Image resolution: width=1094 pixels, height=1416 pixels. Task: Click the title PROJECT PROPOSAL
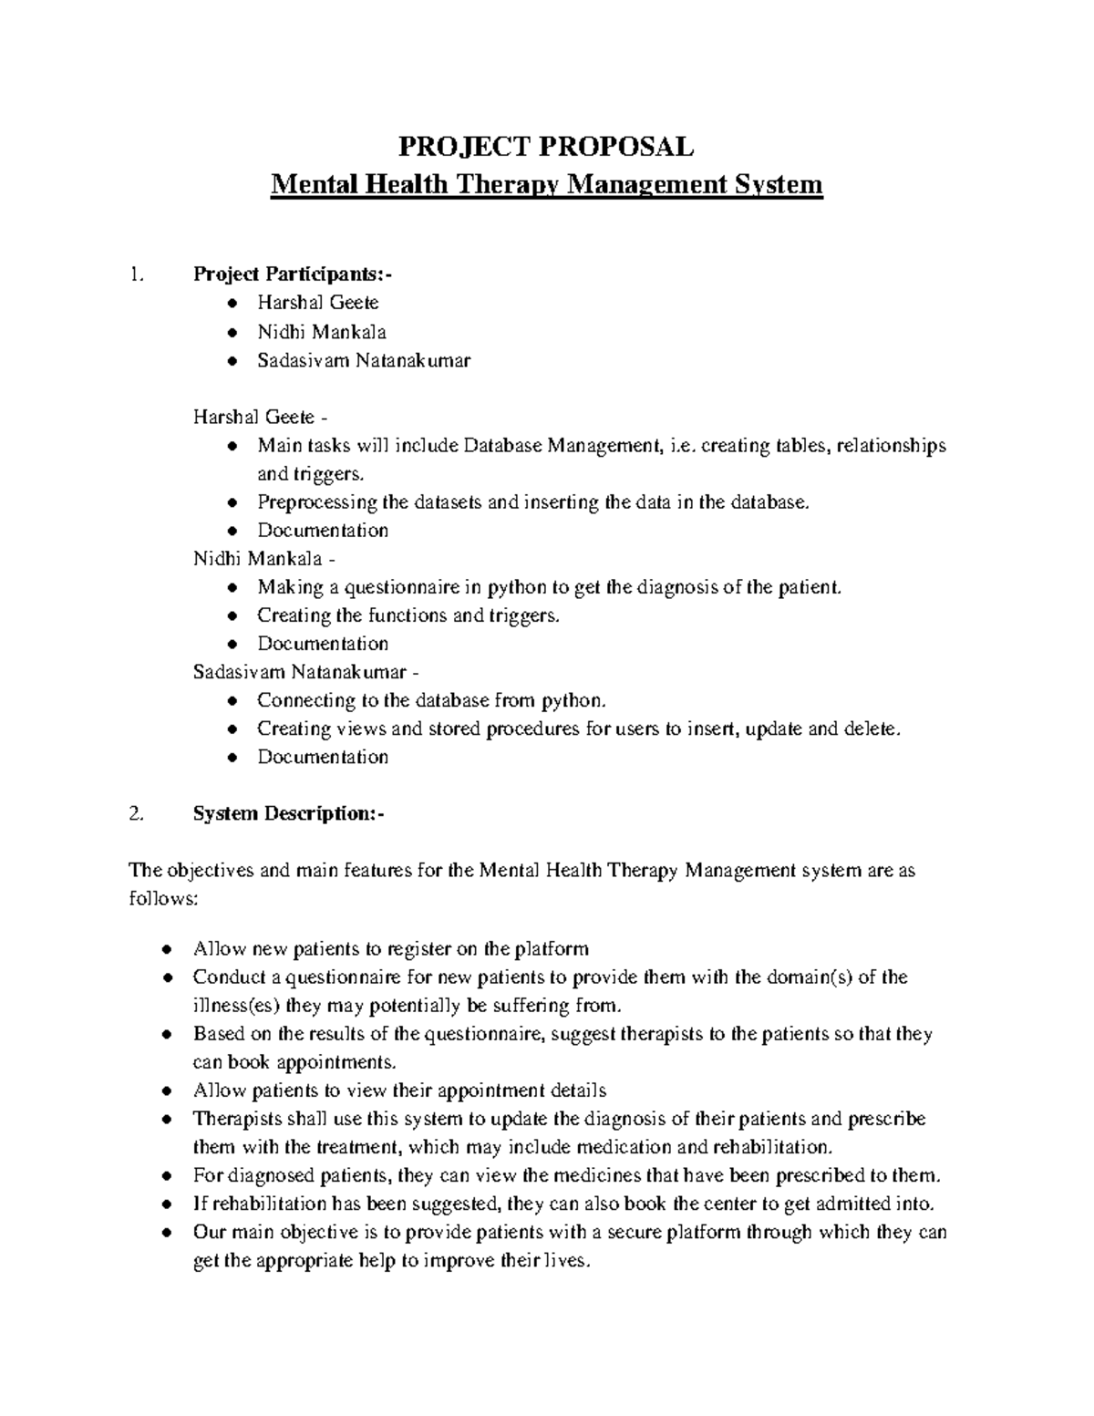548,146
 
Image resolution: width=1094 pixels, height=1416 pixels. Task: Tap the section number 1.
137,274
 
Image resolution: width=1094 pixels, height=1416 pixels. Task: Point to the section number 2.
137,813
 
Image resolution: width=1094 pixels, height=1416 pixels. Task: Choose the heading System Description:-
288,813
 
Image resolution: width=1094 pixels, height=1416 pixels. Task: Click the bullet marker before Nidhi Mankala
234,332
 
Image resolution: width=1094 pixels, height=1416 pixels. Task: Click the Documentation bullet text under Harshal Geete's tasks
323,530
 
